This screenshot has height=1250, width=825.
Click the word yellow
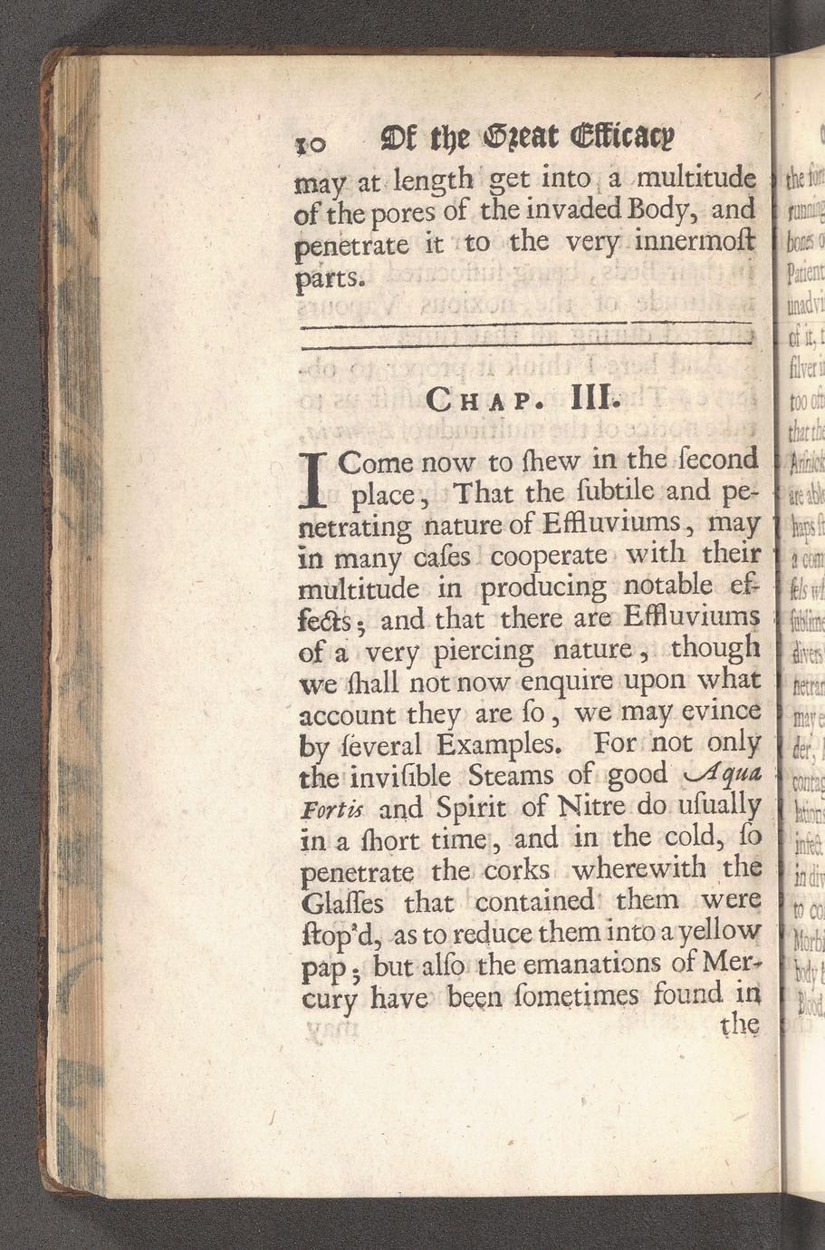click(x=713, y=932)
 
